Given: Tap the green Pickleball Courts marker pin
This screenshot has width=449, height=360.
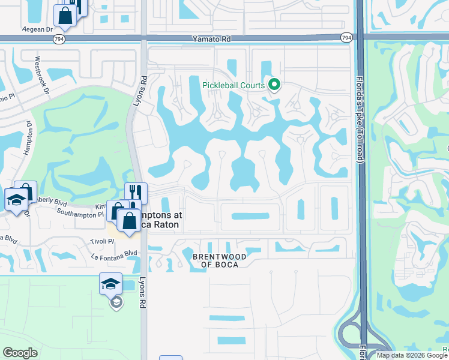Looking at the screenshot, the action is coord(274,85).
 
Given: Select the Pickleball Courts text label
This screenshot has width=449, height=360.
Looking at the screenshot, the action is coord(234,85).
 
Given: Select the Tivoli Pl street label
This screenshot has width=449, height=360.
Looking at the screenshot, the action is coord(103,241).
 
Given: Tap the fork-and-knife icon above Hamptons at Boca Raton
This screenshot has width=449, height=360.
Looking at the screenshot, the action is coord(136,193).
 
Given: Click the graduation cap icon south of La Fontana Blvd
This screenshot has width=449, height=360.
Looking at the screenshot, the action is coord(111,283).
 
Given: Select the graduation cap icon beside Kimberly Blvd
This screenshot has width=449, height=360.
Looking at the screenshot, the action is coord(16,199).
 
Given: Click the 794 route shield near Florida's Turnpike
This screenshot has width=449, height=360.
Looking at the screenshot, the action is coord(346,38).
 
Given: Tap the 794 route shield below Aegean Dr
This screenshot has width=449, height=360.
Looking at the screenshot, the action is coord(58,38).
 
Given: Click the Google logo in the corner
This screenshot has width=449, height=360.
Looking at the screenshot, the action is coord(20,353).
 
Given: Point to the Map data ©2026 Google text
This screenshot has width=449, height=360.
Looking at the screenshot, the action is coord(412,355).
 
